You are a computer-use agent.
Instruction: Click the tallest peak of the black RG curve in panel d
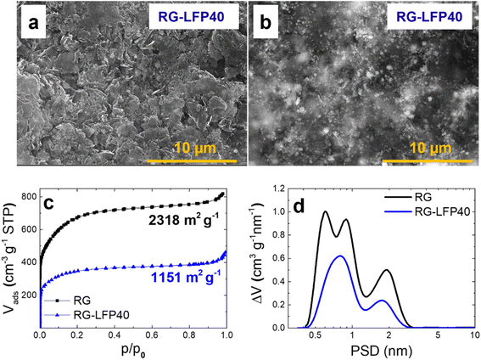pyautogui.click(x=324, y=211)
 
